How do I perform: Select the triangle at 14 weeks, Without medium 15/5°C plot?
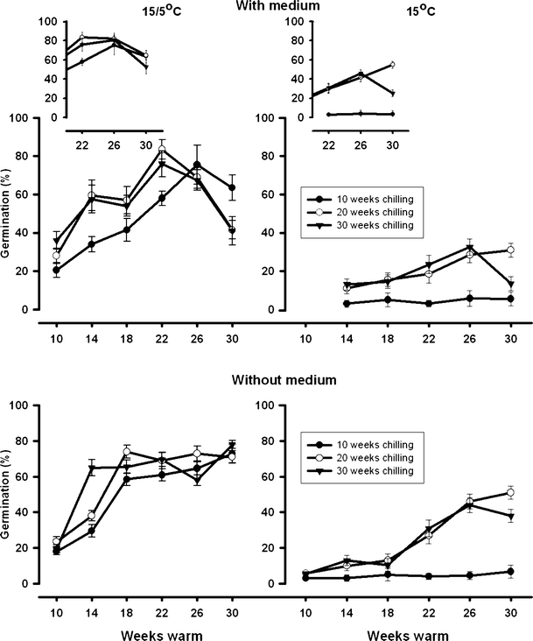pos(91,468)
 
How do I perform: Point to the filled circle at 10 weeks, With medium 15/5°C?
pos(56,271)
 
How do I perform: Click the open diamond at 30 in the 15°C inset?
pos(392,64)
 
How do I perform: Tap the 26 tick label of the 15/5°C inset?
pos(116,144)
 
